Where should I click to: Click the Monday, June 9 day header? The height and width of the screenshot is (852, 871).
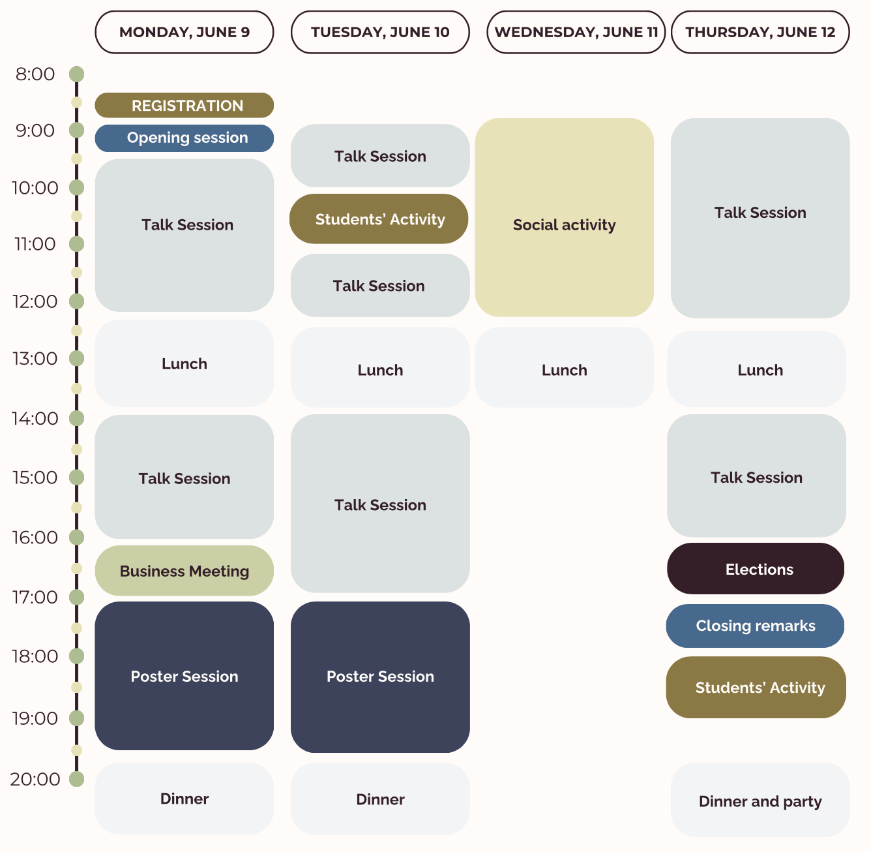pyautogui.click(x=184, y=32)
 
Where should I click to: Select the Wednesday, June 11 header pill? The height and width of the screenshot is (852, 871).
pyautogui.click(x=576, y=32)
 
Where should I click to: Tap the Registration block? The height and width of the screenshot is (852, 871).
pyautogui.click(x=184, y=105)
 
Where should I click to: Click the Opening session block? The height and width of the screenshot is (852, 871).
pyautogui.click(x=184, y=138)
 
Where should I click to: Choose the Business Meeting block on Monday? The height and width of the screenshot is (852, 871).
pyautogui.click(x=184, y=571)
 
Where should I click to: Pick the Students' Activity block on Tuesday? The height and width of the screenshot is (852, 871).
pyautogui.click(x=379, y=219)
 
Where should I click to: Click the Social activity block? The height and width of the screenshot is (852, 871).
pyautogui.click(x=564, y=217)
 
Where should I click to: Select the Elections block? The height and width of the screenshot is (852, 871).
pyautogui.click(x=756, y=569)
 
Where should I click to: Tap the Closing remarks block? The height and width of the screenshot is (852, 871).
pyautogui.click(x=755, y=626)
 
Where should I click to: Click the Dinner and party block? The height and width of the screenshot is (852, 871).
pyautogui.click(x=760, y=800)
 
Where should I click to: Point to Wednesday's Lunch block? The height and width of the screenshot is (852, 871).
pyautogui.click(x=564, y=367)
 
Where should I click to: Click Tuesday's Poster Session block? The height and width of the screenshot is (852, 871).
pyautogui.click(x=380, y=677)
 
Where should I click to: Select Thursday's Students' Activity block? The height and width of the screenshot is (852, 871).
pyautogui.click(x=756, y=687)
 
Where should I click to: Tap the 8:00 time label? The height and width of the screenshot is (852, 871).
pyautogui.click(x=35, y=74)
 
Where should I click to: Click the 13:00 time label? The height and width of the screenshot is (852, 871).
pyautogui.click(x=35, y=358)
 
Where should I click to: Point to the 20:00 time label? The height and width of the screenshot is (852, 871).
pyautogui.click(x=35, y=779)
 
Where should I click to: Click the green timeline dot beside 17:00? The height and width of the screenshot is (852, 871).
pyautogui.click(x=76, y=597)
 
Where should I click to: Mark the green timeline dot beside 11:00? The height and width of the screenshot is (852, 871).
pyautogui.click(x=76, y=244)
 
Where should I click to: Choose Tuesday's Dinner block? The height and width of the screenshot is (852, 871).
pyautogui.click(x=380, y=799)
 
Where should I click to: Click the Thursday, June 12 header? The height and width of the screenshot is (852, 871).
pyautogui.click(x=760, y=32)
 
